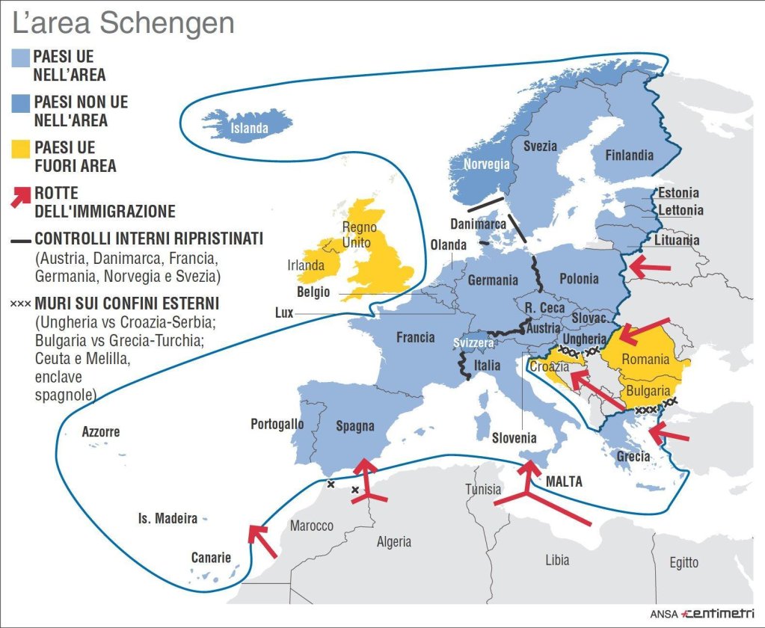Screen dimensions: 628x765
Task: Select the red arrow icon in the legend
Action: coord(21,198)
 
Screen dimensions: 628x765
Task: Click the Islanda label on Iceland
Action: coord(249,129)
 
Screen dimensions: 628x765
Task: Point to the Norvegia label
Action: coord(486,164)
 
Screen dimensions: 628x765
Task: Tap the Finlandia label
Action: coord(628,156)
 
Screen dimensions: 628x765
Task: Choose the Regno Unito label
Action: coord(359,235)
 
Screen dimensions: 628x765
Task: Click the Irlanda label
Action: coord(306,265)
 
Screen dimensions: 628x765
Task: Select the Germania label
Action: coord(493,280)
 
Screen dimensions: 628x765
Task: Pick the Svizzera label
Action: coord(474,342)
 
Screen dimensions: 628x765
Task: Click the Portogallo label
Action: coord(277,424)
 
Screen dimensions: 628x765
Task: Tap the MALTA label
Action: coord(564,481)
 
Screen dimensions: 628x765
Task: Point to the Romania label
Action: coord(645,360)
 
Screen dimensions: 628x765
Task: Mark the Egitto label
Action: coord(683,562)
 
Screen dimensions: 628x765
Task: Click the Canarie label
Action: coord(211,557)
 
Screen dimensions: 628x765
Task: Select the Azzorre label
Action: coord(101,432)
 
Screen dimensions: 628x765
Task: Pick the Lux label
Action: coord(284,313)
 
